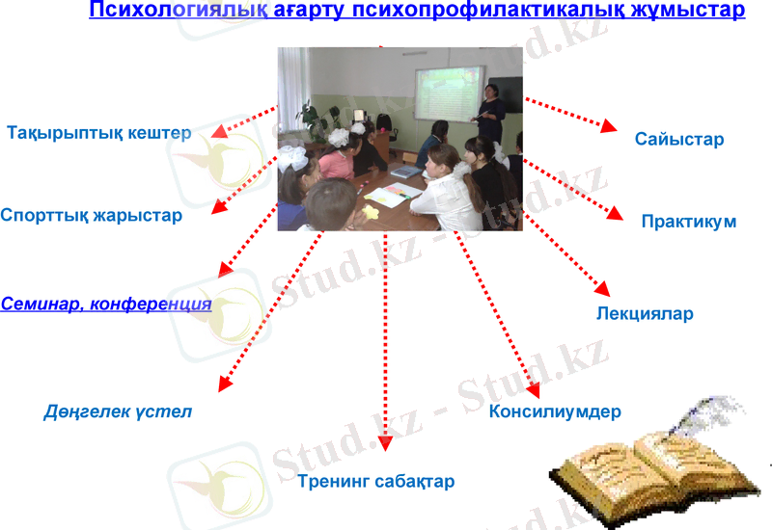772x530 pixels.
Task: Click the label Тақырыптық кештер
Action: (x=99, y=132)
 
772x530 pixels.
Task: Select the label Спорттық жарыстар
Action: (x=92, y=215)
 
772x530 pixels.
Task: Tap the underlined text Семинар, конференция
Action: (x=106, y=304)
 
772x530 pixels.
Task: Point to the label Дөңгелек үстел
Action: (x=118, y=411)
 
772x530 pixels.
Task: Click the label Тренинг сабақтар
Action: (x=375, y=481)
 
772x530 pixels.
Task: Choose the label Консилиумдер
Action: (x=555, y=411)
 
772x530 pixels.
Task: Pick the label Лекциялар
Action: (x=645, y=313)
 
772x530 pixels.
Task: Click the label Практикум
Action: (x=689, y=222)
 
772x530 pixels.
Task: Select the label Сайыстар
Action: (x=679, y=140)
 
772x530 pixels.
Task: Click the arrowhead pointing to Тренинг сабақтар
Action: (x=386, y=443)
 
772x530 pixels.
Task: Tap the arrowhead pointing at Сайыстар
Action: (x=609, y=127)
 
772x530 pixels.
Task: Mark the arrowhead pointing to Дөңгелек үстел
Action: (x=222, y=384)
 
